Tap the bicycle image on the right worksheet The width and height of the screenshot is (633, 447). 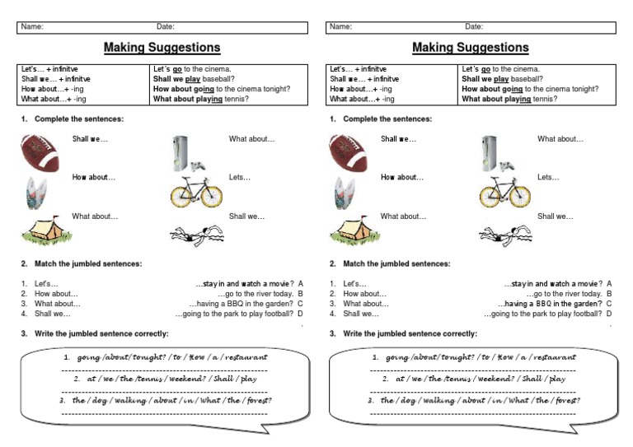click(x=504, y=193)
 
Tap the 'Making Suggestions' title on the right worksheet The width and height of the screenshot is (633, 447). click(x=471, y=48)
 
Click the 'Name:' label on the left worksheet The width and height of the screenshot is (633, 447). click(x=32, y=27)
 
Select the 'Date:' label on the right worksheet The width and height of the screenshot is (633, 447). click(x=474, y=27)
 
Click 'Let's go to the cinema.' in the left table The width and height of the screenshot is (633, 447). click(x=193, y=69)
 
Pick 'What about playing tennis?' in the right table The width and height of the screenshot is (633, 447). click(x=509, y=99)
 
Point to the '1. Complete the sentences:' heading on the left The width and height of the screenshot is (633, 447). click(x=73, y=119)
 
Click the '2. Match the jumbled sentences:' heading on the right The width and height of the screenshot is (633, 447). click(x=390, y=263)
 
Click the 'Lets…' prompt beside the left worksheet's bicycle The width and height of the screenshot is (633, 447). click(x=240, y=177)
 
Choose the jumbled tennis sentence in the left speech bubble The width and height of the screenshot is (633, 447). click(x=163, y=379)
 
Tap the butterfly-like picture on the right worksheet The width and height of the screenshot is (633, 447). click(x=345, y=191)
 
